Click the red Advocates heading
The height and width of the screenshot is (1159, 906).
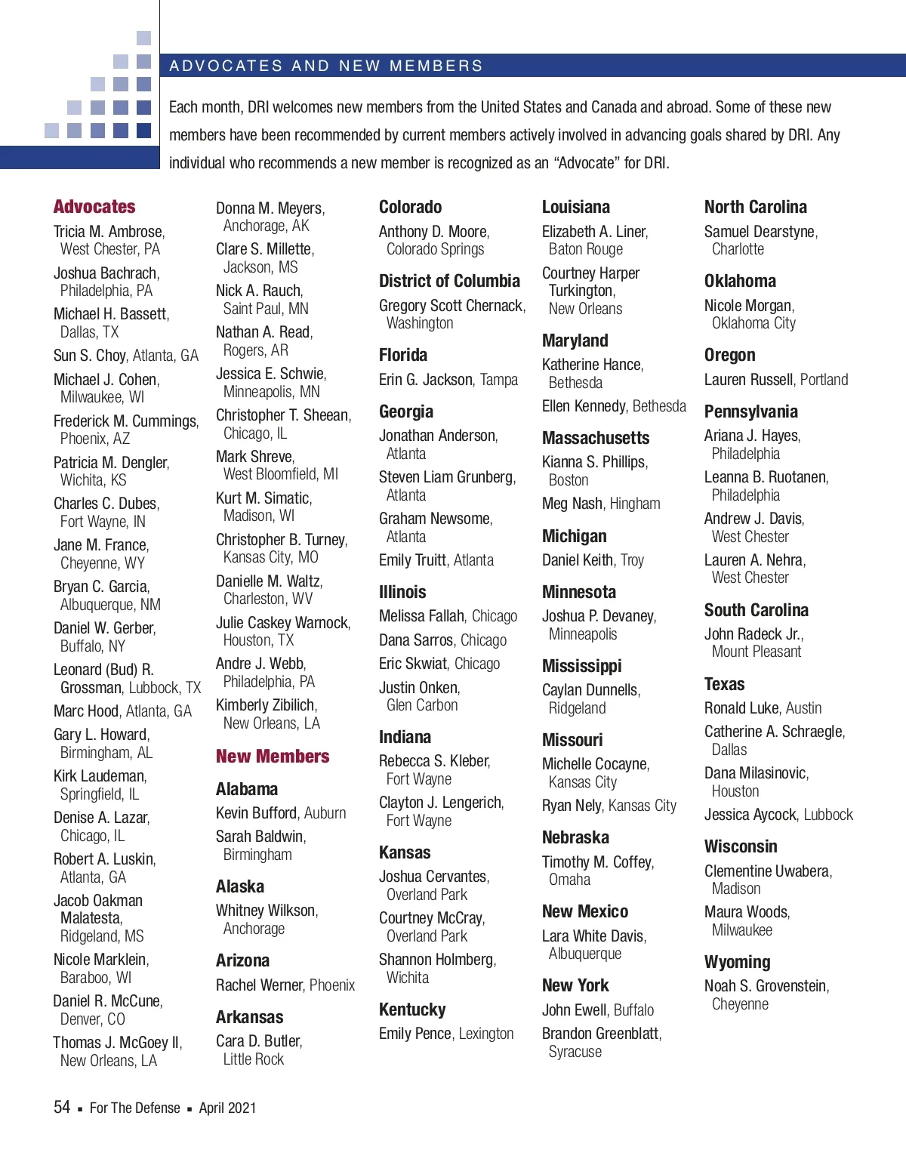coord(94,207)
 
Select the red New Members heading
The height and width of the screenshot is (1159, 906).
coord(273,757)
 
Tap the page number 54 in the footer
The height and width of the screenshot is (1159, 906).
coord(62,1108)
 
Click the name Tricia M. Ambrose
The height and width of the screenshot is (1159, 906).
coord(108,232)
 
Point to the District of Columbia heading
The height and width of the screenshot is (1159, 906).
coord(449,281)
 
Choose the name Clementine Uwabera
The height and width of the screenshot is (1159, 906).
coord(767,871)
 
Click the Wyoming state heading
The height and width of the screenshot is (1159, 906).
coord(737,962)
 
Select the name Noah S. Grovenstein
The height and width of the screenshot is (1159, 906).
coord(766,986)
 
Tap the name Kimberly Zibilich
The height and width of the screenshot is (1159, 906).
coord(265,705)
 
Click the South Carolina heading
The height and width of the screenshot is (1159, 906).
coord(756,610)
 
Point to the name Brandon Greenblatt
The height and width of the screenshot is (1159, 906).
coord(600,1034)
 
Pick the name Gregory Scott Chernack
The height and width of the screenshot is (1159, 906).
coord(451,306)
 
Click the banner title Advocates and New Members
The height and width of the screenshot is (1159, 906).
coord(326,66)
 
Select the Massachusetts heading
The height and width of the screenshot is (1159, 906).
coord(596,438)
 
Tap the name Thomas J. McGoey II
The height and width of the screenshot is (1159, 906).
coord(116,1043)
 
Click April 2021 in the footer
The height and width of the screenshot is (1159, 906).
coord(227,1108)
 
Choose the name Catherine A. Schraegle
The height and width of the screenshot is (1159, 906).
coord(773,732)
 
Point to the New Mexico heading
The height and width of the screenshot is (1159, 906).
coord(585,911)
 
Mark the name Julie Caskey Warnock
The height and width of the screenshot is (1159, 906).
coord(282,623)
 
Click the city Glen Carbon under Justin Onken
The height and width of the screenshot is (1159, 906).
coord(422,705)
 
